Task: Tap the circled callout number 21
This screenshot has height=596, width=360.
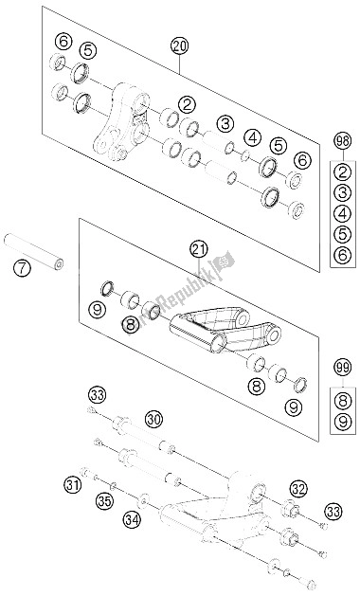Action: click(x=198, y=250)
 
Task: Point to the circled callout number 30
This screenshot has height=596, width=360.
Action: click(x=153, y=418)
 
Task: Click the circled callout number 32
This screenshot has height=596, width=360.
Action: click(x=298, y=489)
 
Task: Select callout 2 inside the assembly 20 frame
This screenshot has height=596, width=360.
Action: click(x=188, y=105)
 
